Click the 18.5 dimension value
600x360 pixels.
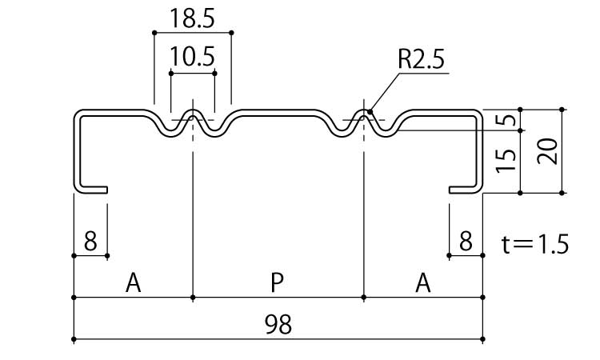192,18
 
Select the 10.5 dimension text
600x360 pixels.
192,57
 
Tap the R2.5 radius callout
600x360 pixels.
420,59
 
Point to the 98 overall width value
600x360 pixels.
278,323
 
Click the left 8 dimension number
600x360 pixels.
90,240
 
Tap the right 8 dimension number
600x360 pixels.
466,240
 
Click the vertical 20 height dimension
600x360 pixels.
548,150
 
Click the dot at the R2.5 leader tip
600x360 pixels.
369,112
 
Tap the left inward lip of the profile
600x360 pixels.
94,190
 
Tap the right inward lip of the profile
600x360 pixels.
462,190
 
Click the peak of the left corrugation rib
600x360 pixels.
193,111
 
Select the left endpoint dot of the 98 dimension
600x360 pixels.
74,339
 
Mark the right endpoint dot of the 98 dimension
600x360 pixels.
483,339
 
